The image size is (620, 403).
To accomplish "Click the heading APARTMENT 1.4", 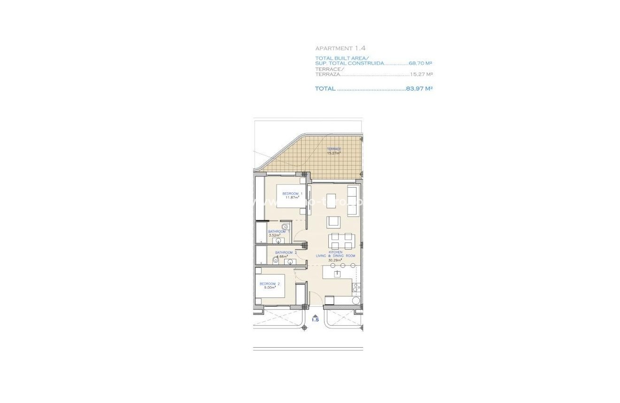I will click(340, 48).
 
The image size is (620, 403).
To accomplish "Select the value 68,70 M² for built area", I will click(420, 63).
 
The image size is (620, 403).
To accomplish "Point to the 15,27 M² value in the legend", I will click(421, 74).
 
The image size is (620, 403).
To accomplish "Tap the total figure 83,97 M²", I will click(419, 88).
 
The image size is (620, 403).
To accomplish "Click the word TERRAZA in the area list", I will click(327, 74).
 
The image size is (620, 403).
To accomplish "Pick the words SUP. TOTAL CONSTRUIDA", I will click(349, 63).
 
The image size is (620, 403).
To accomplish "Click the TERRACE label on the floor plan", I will click(334, 149).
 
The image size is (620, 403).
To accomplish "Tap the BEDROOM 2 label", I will click(270, 284).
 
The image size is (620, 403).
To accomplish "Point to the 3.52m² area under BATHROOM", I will click(274, 235).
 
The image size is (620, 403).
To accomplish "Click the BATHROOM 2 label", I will click(286, 252).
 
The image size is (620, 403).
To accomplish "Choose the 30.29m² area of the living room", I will click(334, 260).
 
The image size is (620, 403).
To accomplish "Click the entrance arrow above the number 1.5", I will click(315, 316).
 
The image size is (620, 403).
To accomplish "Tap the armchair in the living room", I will click(334, 222).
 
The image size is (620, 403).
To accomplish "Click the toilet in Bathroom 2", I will click(276, 260).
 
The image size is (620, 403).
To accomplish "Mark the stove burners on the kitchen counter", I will click(356, 287).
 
